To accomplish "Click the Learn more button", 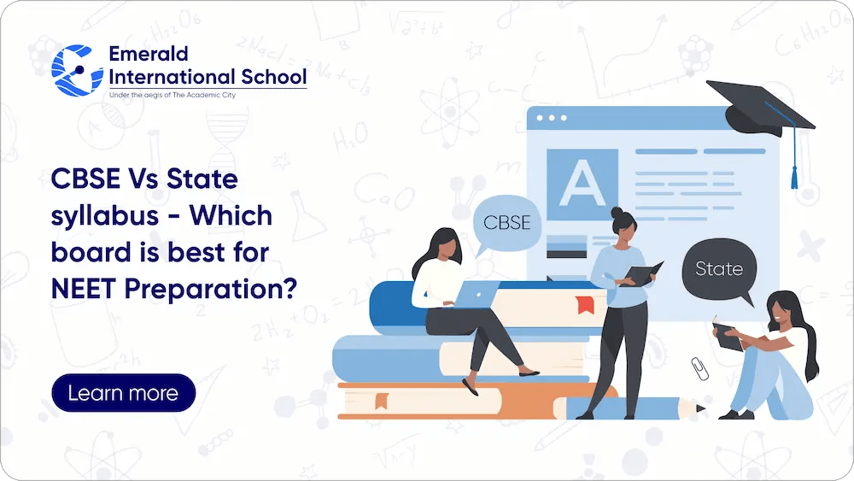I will tap(123, 394).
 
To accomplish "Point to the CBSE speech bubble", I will tap(506, 224).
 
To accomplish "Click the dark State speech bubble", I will tap(719, 269).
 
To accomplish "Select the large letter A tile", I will tap(582, 184).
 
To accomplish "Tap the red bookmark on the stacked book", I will tap(584, 304).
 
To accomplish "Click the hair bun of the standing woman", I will tap(617, 211).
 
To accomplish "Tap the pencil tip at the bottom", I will tap(701, 409).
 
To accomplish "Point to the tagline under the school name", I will tap(172, 94).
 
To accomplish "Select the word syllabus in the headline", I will tap(104, 216).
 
